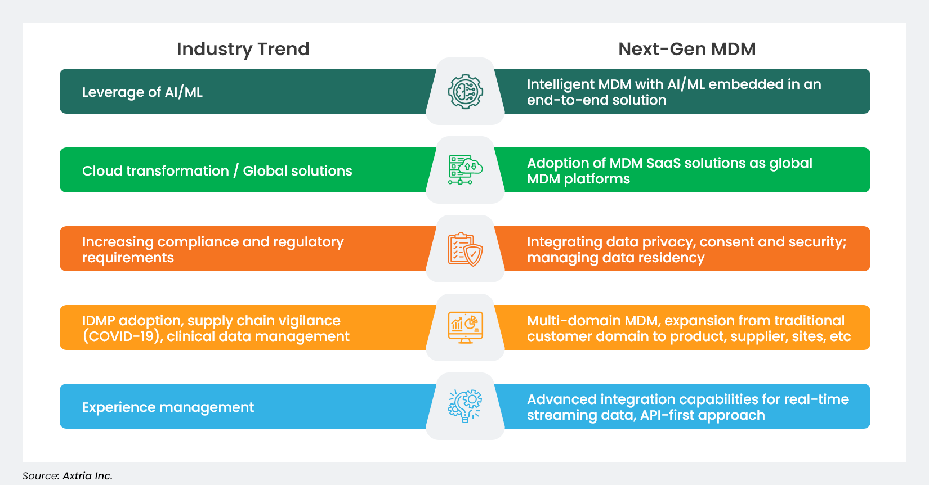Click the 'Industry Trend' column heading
[x=243, y=49]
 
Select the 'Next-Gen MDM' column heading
[x=686, y=49]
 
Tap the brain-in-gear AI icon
[x=465, y=91]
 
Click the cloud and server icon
[x=465, y=170]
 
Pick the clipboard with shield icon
[x=465, y=249]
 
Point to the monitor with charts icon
[x=465, y=327]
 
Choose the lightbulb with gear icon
[x=465, y=406]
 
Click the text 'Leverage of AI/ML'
[x=142, y=92]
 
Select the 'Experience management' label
[x=168, y=407]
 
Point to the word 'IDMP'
[x=99, y=321]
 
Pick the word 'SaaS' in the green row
[x=663, y=163]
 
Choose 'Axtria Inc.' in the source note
[x=87, y=476]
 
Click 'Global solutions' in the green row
[x=297, y=170]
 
